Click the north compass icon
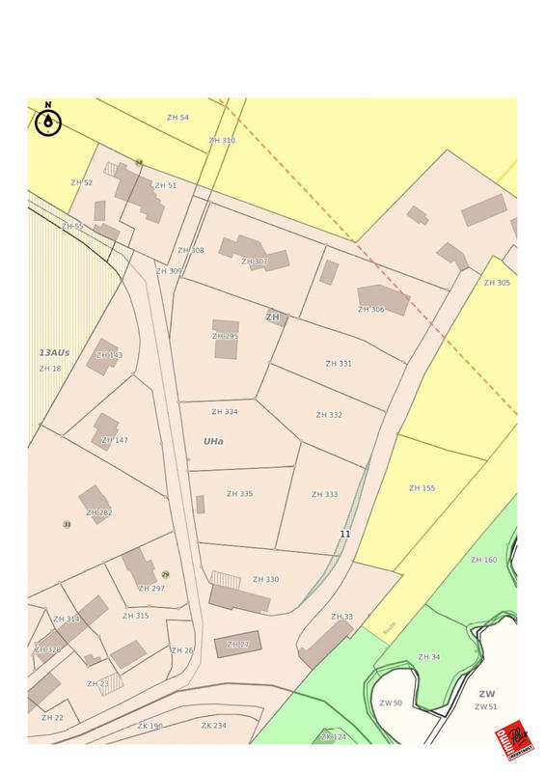click(x=48, y=122)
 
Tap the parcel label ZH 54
click(x=177, y=118)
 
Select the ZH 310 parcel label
click(x=222, y=141)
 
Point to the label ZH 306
click(x=371, y=310)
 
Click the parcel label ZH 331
click(x=339, y=364)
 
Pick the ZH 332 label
click(x=329, y=415)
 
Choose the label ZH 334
click(x=225, y=412)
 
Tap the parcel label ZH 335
click(x=239, y=494)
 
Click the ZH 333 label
click(x=324, y=495)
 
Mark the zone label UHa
click(x=213, y=441)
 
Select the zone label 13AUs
click(x=54, y=353)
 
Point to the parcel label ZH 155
click(x=422, y=488)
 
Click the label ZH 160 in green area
click(x=483, y=560)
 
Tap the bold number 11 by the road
click(x=344, y=534)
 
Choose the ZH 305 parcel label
click(x=497, y=283)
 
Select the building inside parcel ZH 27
click(x=237, y=644)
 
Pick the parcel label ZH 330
click(x=265, y=580)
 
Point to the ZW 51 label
click(x=485, y=707)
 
